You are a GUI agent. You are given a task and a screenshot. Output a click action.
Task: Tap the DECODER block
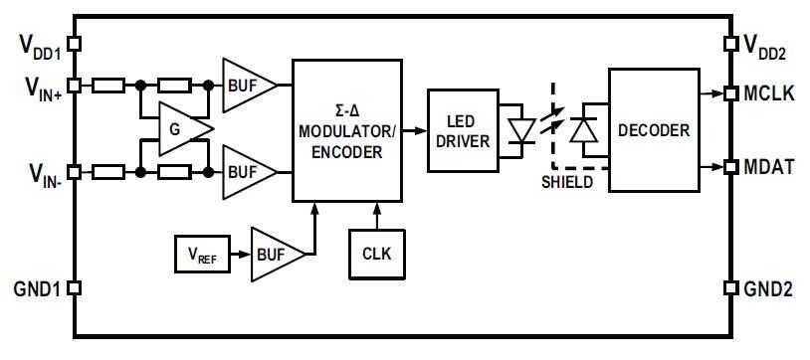pos(653,129)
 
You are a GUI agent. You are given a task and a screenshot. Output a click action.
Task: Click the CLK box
pos(376,253)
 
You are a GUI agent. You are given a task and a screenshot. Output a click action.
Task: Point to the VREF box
pos(200,256)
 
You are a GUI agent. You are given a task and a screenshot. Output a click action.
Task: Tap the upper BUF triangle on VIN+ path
pos(246,86)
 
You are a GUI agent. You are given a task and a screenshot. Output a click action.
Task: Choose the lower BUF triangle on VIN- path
pos(246,171)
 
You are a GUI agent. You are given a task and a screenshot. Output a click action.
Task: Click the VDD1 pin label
pos(37,44)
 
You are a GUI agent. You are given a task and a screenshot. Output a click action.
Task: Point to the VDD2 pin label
pos(770,44)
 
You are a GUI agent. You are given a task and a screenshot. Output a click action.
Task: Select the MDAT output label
pos(768,167)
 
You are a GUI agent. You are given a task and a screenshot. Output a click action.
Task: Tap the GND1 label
pos(37,289)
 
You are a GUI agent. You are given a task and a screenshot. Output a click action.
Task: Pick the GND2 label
pos(768,289)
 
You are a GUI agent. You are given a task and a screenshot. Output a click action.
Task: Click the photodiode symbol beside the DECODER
pos(586,130)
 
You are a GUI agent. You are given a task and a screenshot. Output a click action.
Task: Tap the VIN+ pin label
pos(37,87)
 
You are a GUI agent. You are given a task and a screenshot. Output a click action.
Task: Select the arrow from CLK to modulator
pos(376,213)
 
